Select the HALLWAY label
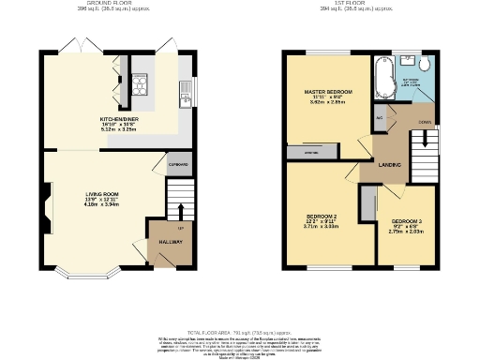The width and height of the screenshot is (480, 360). pyautogui.click(x=170, y=243)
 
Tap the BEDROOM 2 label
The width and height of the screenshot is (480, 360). pyautogui.click(x=321, y=217)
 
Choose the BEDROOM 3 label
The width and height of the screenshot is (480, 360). pyautogui.click(x=407, y=222)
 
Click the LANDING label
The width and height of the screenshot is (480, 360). pyautogui.click(x=391, y=165)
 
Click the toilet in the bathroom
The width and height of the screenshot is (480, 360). pyautogui.click(x=424, y=64)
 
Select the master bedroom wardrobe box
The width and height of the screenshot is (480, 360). pyautogui.click(x=308, y=151)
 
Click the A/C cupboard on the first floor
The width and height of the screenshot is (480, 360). pyautogui.click(x=380, y=119)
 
